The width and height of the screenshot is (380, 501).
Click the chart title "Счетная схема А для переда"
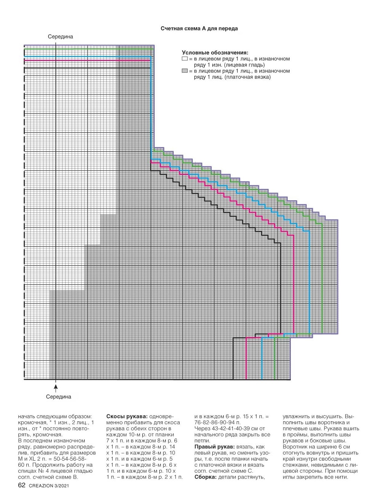(x=199, y=29)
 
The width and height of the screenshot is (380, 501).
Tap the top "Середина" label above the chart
(x=60, y=37)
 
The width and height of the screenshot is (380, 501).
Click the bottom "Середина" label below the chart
(x=59, y=397)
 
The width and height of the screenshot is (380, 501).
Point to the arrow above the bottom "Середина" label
(x=56, y=387)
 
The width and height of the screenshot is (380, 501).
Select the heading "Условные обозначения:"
(x=215, y=53)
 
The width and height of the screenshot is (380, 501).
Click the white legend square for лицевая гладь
(x=185, y=59)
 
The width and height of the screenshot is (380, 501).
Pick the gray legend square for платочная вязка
(x=185, y=71)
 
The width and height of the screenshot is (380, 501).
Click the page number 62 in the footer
(x=22, y=485)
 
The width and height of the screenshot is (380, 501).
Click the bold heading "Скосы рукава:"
(x=125, y=416)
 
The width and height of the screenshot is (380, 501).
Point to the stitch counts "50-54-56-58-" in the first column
(x=72, y=459)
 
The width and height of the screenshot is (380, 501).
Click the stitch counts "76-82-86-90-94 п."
(x=217, y=423)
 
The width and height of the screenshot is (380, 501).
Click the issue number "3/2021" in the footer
(x=62, y=486)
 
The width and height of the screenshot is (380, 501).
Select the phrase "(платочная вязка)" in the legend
(x=248, y=77)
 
